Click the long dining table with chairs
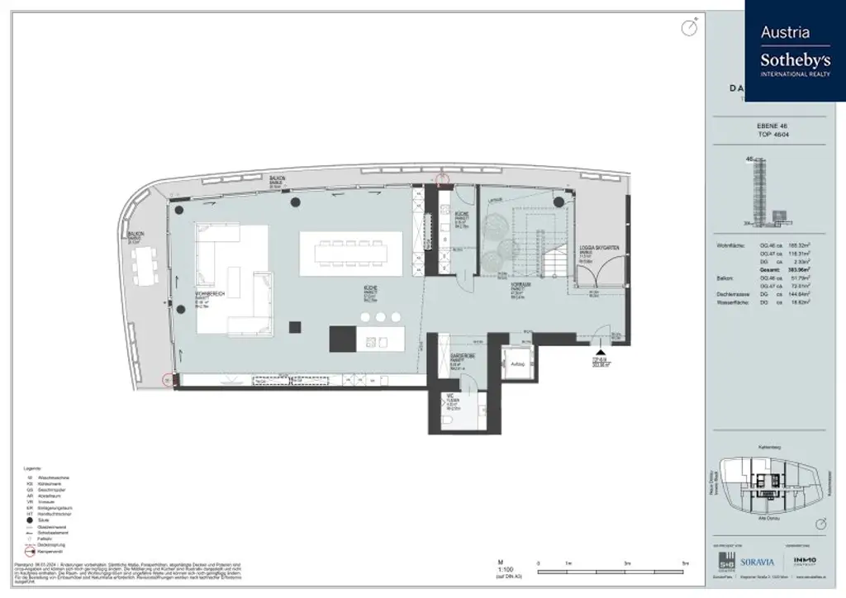(350, 253)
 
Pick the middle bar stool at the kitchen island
(380, 317)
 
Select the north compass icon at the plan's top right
(688, 29)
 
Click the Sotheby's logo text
(795, 59)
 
